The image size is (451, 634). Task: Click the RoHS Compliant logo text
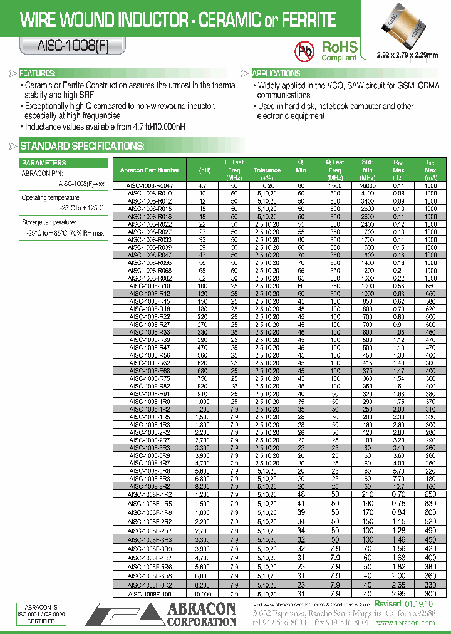[x=339, y=50]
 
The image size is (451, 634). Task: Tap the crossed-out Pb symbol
[x=305, y=49]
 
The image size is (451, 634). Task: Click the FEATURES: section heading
[x=38, y=73]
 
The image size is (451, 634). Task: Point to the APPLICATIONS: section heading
[x=277, y=73]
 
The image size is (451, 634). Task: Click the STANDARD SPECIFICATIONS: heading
[x=82, y=147]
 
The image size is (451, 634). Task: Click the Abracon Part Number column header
[x=149, y=170]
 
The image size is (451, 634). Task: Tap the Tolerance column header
[x=267, y=170]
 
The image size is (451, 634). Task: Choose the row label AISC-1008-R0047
[x=149, y=186]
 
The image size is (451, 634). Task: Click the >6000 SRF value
[x=368, y=186]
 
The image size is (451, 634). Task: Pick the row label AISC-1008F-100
[x=149, y=594]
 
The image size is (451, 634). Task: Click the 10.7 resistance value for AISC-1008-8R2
[x=398, y=486]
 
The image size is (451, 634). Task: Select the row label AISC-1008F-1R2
[x=149, y=494]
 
